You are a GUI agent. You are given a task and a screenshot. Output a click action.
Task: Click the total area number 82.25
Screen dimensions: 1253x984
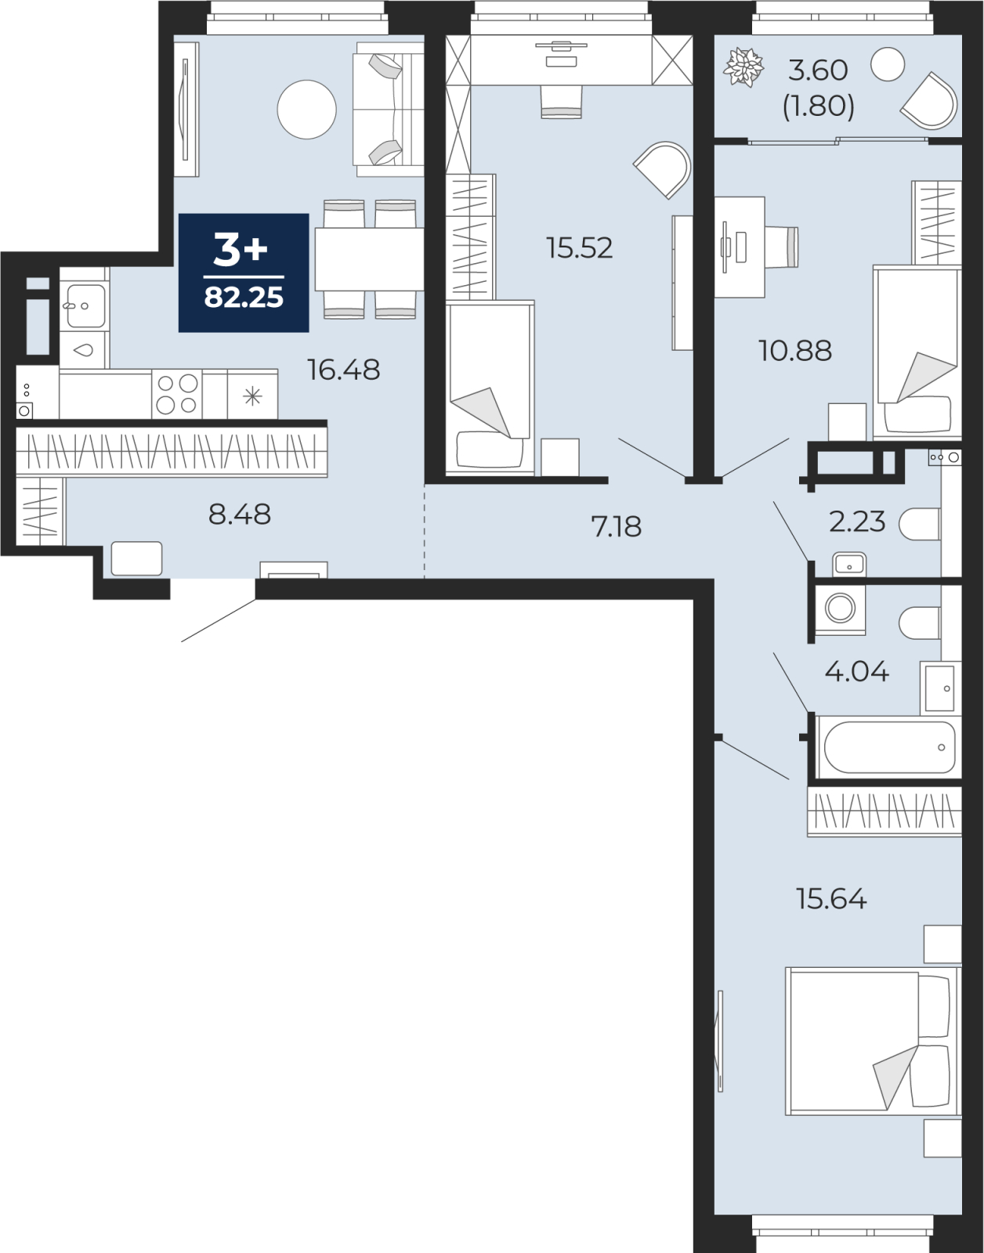coord(244,298)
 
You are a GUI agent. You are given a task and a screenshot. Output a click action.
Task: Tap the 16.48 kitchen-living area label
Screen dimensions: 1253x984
coord(343,370)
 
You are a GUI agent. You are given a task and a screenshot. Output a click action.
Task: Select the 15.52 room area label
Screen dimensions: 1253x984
coord(579,248)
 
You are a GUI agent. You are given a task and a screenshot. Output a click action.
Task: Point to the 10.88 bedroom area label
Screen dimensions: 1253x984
coord(794,351)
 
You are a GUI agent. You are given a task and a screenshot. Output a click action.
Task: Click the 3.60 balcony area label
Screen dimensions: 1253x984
coord(818,70)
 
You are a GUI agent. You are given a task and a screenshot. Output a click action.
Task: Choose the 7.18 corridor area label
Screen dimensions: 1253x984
coord(617,527)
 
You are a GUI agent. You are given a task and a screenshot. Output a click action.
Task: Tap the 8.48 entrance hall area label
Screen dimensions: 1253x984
coord(240,515)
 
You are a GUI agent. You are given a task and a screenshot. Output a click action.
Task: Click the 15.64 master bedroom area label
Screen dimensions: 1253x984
coord(831,899)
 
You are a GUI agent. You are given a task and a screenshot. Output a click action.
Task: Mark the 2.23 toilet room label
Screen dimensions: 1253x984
coord(857,522)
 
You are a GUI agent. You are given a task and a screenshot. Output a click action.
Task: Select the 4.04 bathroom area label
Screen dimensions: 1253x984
coord(857,672)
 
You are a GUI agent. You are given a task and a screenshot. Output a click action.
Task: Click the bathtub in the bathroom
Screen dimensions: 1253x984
coord(888,747)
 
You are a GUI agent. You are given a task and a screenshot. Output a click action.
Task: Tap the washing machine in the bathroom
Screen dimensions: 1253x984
coord(841,608)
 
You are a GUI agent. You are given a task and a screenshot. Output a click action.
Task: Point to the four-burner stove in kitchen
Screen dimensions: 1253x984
coord(177,394)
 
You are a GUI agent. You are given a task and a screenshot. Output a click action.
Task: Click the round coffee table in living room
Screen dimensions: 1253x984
coord(306,110)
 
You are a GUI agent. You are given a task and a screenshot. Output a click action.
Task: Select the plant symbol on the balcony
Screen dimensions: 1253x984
coord(743,67)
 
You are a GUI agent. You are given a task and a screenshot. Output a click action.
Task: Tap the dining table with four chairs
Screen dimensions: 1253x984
coord(368,259)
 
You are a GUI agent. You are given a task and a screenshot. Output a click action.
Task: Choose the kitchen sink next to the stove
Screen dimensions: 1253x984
coord(84,306)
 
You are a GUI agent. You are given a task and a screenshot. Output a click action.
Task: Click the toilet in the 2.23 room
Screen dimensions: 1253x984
coord(920,524)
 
